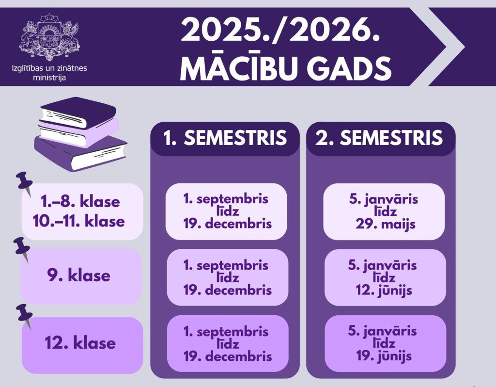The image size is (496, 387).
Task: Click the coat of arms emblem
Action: [x=50, y=37]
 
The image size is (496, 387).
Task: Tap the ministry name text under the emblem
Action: [x=49, y=73]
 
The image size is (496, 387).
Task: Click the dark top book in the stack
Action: [x=78, y=111]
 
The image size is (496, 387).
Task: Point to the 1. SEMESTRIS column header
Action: [x=225, y=138]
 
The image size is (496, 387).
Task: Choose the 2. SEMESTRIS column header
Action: [x=379, y=138]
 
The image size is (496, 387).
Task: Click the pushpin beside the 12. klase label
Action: [x=25, y=316]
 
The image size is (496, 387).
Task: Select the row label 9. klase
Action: [x=79, y=275]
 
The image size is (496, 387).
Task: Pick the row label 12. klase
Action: [x=80, y=343]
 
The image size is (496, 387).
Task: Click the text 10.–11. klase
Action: [x=79, y=221]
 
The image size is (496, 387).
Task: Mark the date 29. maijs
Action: [x=385, y=224]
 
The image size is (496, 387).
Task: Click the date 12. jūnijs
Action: [x=384, y=290]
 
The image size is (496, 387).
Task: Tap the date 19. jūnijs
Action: [x=384, y=356]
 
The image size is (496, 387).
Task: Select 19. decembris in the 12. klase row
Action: [x=228, y=356]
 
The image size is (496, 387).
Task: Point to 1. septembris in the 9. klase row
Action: [x=226, y=265]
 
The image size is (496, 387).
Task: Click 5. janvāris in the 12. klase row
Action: [x=382, y=331]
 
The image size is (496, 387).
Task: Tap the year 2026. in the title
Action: [x=334, y=30]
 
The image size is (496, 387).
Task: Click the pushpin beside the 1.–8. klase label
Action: [x=25, y=184]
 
